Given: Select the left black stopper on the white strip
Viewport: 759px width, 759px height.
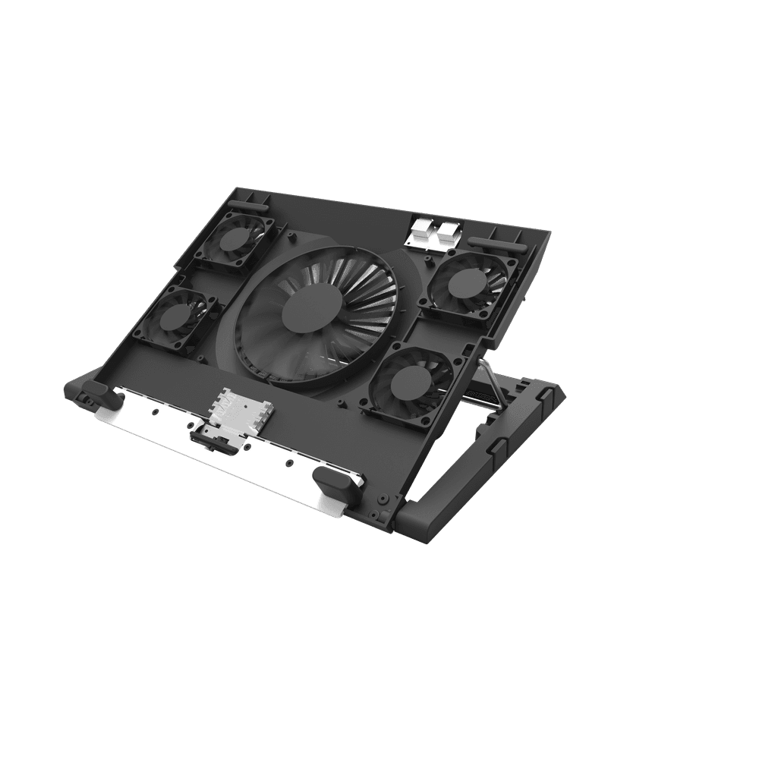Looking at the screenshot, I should coord(97,392).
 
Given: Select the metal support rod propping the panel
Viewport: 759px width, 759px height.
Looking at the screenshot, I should coord(493,384).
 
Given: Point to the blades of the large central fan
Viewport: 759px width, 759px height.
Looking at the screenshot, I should coord(357,296).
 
